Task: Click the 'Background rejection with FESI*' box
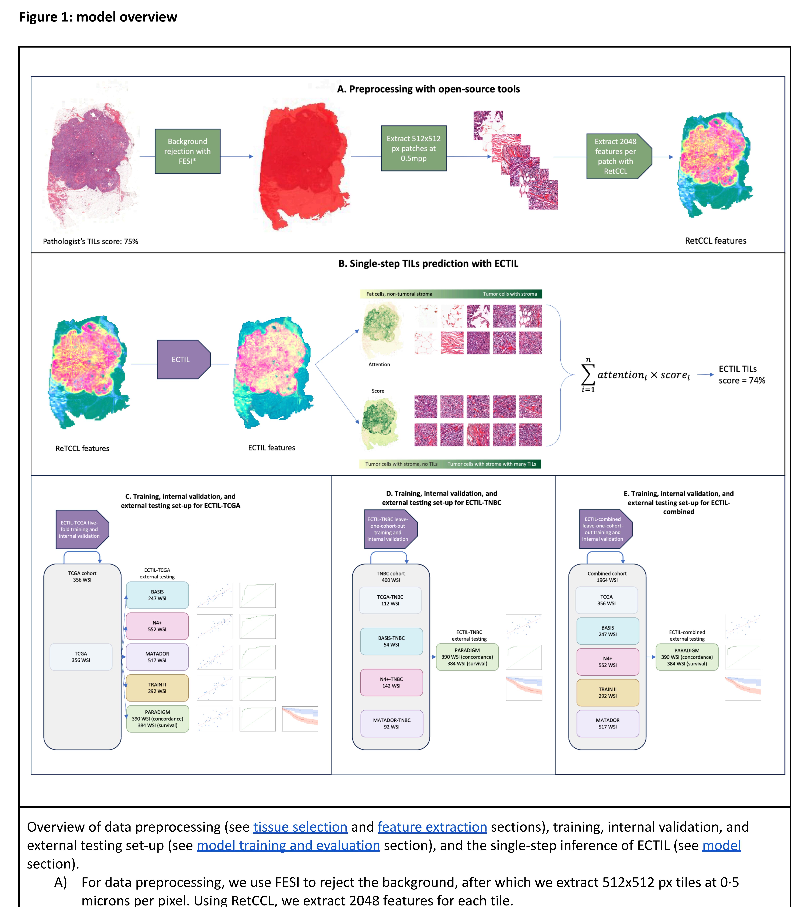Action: pyautogui.click(x=187, y=151)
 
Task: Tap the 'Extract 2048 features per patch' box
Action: pyautogui.click(x=617, y=156)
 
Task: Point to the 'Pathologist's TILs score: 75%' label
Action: pyautogui.click(x=91, y=241)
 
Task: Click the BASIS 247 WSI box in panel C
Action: pyautogui.click(x=157, y=595)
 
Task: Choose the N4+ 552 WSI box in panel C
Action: pyautogui.click(x=157, y=626)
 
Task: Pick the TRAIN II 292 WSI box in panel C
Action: pyautogui.click(x=157, y=688)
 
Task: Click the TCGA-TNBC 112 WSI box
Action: pyautogui.click(x=390, y=600)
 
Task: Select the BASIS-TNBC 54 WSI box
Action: pyautogui.click(x=391, y=641)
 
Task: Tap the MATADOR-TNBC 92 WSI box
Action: pyautogui.click(x=392, y=723)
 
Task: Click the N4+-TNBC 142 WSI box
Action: pyautogui.click(x=391, y=682)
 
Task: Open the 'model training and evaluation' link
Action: pyautogui.click(x=288, y=845)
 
